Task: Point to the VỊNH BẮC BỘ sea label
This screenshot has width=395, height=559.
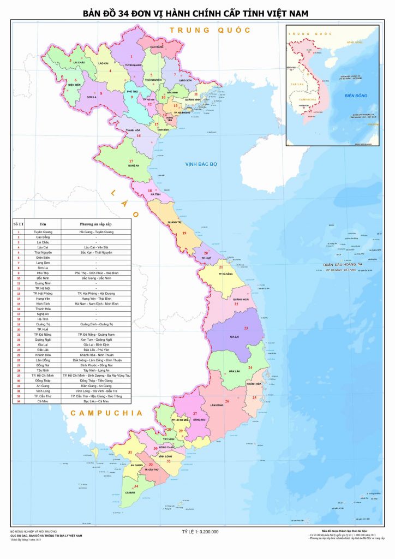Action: click(201, 164)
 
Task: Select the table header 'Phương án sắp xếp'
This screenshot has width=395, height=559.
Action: click(95, 224)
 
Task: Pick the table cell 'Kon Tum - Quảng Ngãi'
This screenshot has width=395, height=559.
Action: click(95, 340)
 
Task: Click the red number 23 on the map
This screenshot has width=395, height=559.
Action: click(246, 328)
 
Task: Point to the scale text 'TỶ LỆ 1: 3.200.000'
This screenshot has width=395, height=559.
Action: click(200, 531)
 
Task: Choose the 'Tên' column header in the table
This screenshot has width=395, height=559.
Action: click(43, 224)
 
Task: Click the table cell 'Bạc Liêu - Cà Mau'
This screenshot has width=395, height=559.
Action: click(95, 401)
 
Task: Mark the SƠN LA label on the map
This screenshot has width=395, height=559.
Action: click(91, 97)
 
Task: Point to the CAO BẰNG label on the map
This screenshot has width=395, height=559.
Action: click(156, 47)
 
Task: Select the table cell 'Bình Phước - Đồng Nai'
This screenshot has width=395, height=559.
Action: click(95, 365)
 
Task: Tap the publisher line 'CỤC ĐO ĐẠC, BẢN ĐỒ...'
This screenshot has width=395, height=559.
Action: click(46, 536)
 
